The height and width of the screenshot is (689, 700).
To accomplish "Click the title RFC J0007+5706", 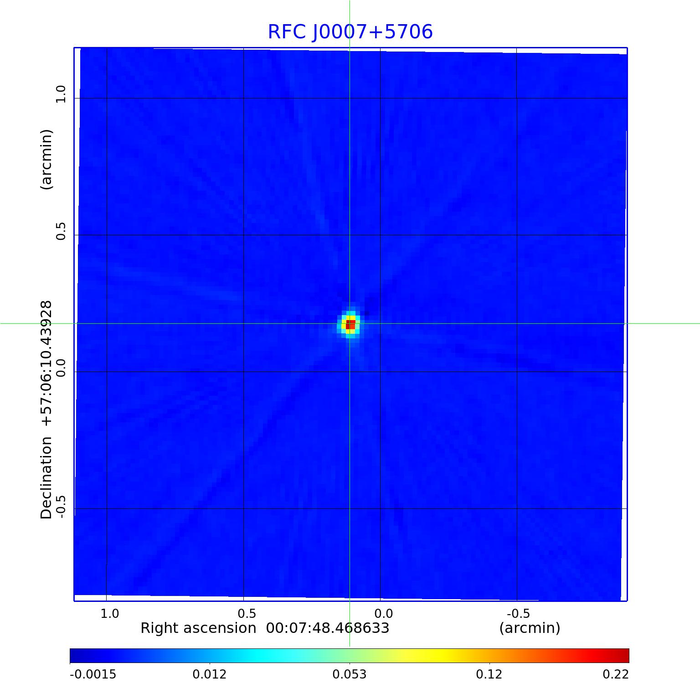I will (x=350, y=32).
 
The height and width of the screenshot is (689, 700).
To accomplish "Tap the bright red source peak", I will (x=350, y=325).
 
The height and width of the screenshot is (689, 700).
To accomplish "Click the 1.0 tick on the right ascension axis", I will (x=109, y=613).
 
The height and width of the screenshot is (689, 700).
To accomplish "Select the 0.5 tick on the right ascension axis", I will (x=247, y=613).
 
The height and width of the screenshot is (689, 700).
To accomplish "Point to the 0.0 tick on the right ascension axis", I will (x=383, y=613).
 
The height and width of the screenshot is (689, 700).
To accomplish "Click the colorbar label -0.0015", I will (x=93, y=674).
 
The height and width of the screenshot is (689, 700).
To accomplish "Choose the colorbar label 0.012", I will (x=210, y=674).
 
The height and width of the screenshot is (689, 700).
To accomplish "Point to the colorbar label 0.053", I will (x=350, y=674).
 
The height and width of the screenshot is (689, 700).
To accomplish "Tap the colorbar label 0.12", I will (x=489, y=674).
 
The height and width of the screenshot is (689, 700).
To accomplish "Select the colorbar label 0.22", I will (x=616, y=674).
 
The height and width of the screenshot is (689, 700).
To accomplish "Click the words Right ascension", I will (x=198, y=628).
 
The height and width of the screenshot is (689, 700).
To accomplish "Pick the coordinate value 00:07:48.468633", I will (x=328, y=628).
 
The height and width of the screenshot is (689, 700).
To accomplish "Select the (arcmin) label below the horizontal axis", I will (x=530, y=628).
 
